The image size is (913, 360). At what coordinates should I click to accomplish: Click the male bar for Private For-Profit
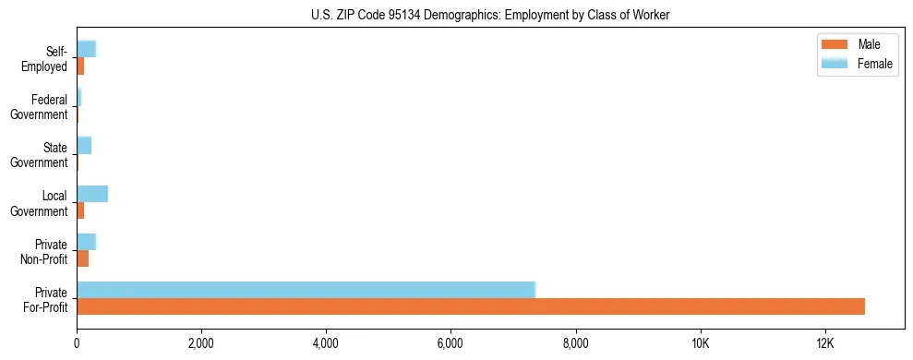471,306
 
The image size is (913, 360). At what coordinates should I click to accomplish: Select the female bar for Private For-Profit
306,290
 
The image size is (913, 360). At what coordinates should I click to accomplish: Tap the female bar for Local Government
92,193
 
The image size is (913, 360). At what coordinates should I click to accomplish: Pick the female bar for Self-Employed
86,49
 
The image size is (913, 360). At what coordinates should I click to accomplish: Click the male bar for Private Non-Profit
82,258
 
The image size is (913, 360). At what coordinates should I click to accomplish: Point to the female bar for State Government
84,145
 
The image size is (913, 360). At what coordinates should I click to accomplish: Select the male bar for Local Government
80,210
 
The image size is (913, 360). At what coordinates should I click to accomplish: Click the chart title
490,14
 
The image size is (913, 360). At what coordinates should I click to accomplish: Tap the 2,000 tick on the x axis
200,343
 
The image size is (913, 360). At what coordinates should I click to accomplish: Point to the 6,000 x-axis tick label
450,343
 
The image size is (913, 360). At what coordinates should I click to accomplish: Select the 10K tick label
700,343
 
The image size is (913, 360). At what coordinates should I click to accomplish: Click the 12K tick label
824,343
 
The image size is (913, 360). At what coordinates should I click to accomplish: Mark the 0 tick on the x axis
77,343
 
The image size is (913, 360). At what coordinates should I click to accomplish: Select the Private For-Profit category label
46,299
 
